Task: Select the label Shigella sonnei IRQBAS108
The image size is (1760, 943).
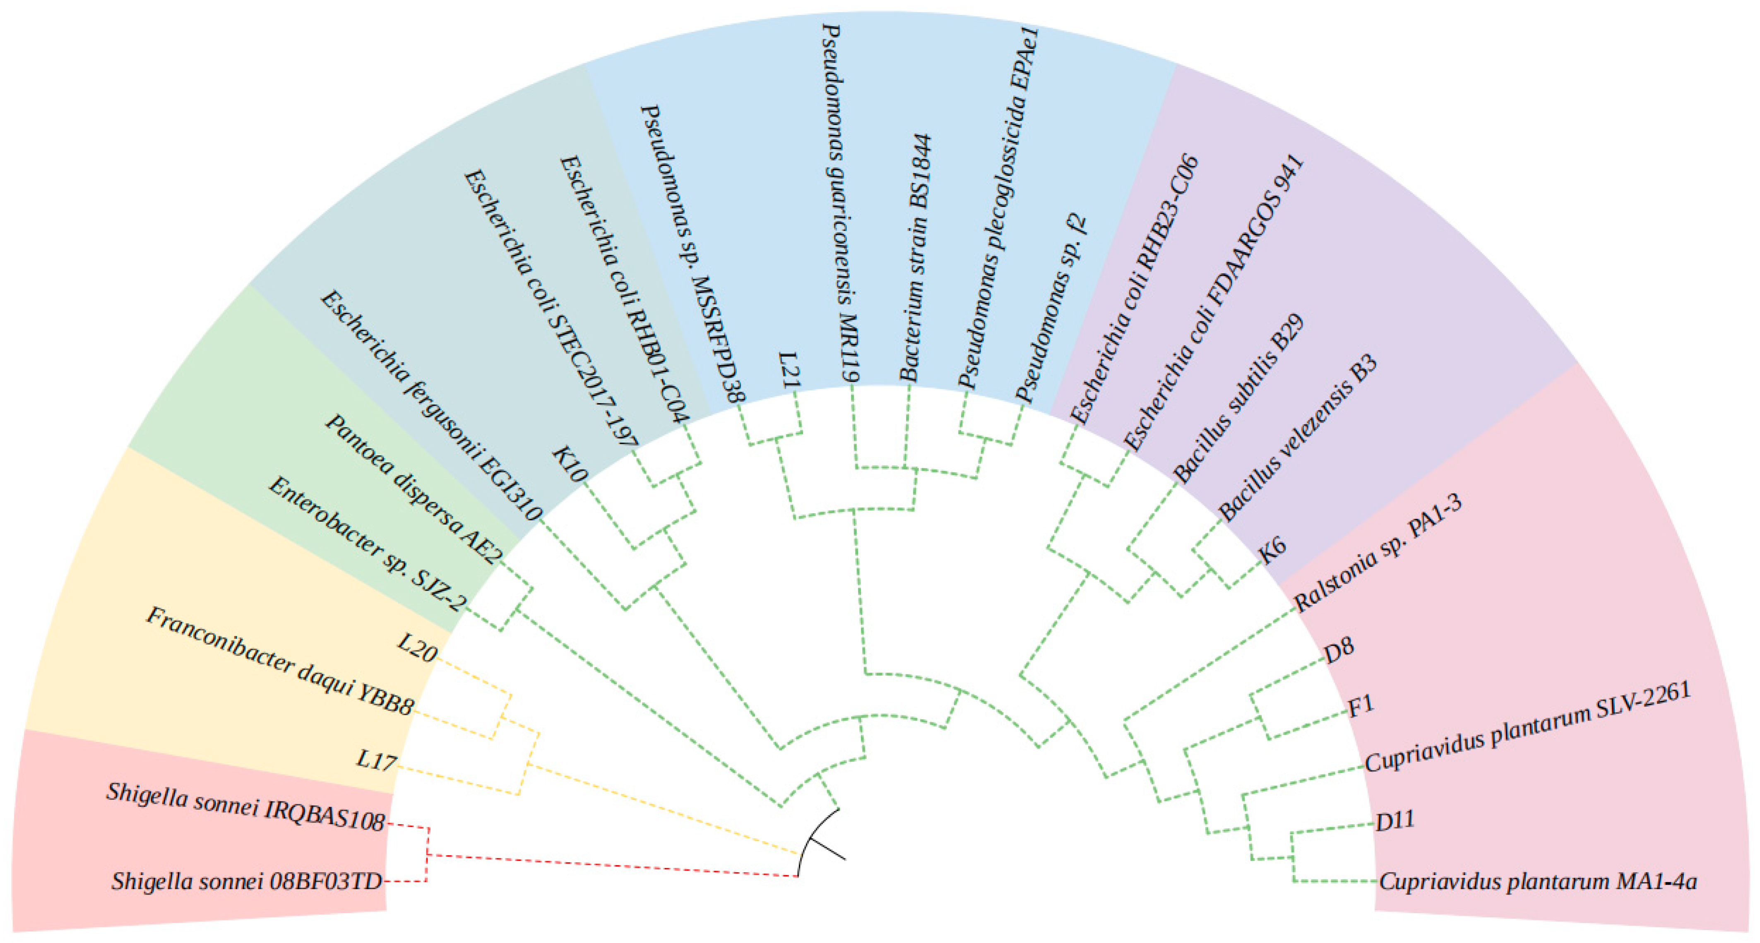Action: point(246,806)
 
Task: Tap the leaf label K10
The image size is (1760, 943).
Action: point(569,464)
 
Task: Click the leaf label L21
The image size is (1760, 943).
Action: point(789,370)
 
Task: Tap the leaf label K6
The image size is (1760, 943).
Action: point(1272,549)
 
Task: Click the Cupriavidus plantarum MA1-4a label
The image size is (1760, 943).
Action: point(1537,881)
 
